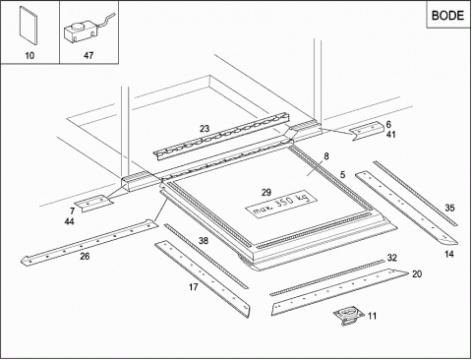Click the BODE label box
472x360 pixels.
point(448,15)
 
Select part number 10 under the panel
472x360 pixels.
point(29,55)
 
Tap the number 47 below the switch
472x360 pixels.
point(88,55)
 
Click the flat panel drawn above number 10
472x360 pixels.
point(29,26)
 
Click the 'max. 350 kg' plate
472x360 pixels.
point(281,203)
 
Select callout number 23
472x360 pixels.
point(205,129)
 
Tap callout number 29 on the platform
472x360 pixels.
point(266,193)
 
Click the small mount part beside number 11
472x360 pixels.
point(349,317)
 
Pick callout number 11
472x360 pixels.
point(372,316)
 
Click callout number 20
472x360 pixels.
point(417,273)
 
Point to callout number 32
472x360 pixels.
point(392,258)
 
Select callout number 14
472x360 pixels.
point(449,254)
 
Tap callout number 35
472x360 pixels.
point(449,208)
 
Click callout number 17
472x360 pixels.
point(194,287)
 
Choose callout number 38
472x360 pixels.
point(204,241)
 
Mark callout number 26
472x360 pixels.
point(85,257)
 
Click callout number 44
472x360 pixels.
point(69,222)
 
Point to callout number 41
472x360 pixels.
point(390,135)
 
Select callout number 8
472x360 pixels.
point(326,156)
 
